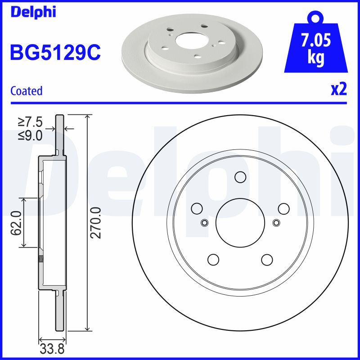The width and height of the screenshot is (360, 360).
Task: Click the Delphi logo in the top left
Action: pos(32,12)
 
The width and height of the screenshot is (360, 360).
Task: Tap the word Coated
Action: pos(26,91)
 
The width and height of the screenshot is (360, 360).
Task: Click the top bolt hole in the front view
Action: pos(240,177)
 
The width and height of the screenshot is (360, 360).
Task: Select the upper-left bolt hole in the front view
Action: pos(197,208)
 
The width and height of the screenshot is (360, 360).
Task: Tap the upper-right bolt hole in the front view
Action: pos(283,208)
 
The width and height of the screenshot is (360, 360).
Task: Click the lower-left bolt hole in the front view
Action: pos(213,260)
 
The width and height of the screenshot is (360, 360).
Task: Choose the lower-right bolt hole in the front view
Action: pos(267,260)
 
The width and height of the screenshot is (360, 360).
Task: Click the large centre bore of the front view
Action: pos(240,223)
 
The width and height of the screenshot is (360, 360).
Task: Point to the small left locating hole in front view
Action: pos(205,222)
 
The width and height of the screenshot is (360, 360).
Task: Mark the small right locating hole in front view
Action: pos(276,222)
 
